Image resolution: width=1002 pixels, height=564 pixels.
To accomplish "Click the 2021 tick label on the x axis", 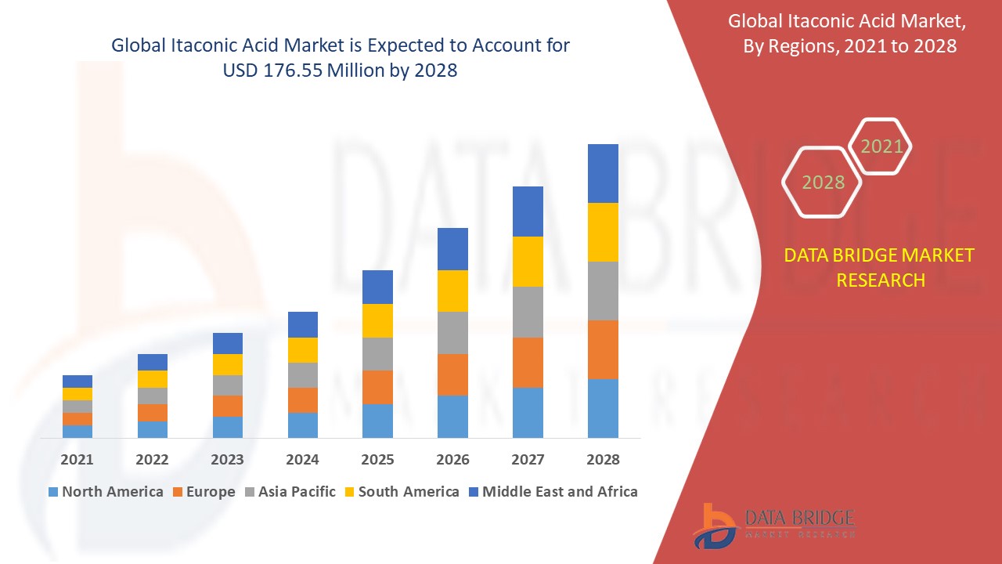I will tap(77, 460).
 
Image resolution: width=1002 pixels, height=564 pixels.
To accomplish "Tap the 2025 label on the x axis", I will tap(377, 460).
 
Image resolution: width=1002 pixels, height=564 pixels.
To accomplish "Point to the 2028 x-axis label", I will tap(603, 460).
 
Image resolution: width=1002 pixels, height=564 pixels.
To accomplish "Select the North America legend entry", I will tap(106, 492).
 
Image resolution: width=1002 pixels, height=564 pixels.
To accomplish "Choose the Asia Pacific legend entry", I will tap(290, 492).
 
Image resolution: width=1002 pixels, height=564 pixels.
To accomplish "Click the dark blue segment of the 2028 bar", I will tap(603, 173).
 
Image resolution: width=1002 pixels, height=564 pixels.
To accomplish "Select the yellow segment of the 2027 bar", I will tap(528, 262).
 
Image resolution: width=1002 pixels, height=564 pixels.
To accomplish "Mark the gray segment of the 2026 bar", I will tap(452, 333).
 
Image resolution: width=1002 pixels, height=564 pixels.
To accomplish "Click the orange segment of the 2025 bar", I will tap(377, 387).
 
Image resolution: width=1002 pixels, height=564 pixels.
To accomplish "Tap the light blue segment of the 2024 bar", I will tap(302, 425).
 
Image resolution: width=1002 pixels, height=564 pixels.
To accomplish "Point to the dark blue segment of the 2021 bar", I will tap(77, 381).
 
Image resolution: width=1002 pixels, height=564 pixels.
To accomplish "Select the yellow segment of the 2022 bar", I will tap(152, 379).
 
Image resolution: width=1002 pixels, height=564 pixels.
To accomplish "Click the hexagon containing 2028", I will tap(822, 182).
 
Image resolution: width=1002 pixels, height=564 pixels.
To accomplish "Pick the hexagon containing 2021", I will tap(881, 146).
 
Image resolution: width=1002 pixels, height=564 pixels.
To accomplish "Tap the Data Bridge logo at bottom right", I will tap(773, 525).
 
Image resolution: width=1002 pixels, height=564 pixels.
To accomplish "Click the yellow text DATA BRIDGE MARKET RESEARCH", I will tap(880, 267).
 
